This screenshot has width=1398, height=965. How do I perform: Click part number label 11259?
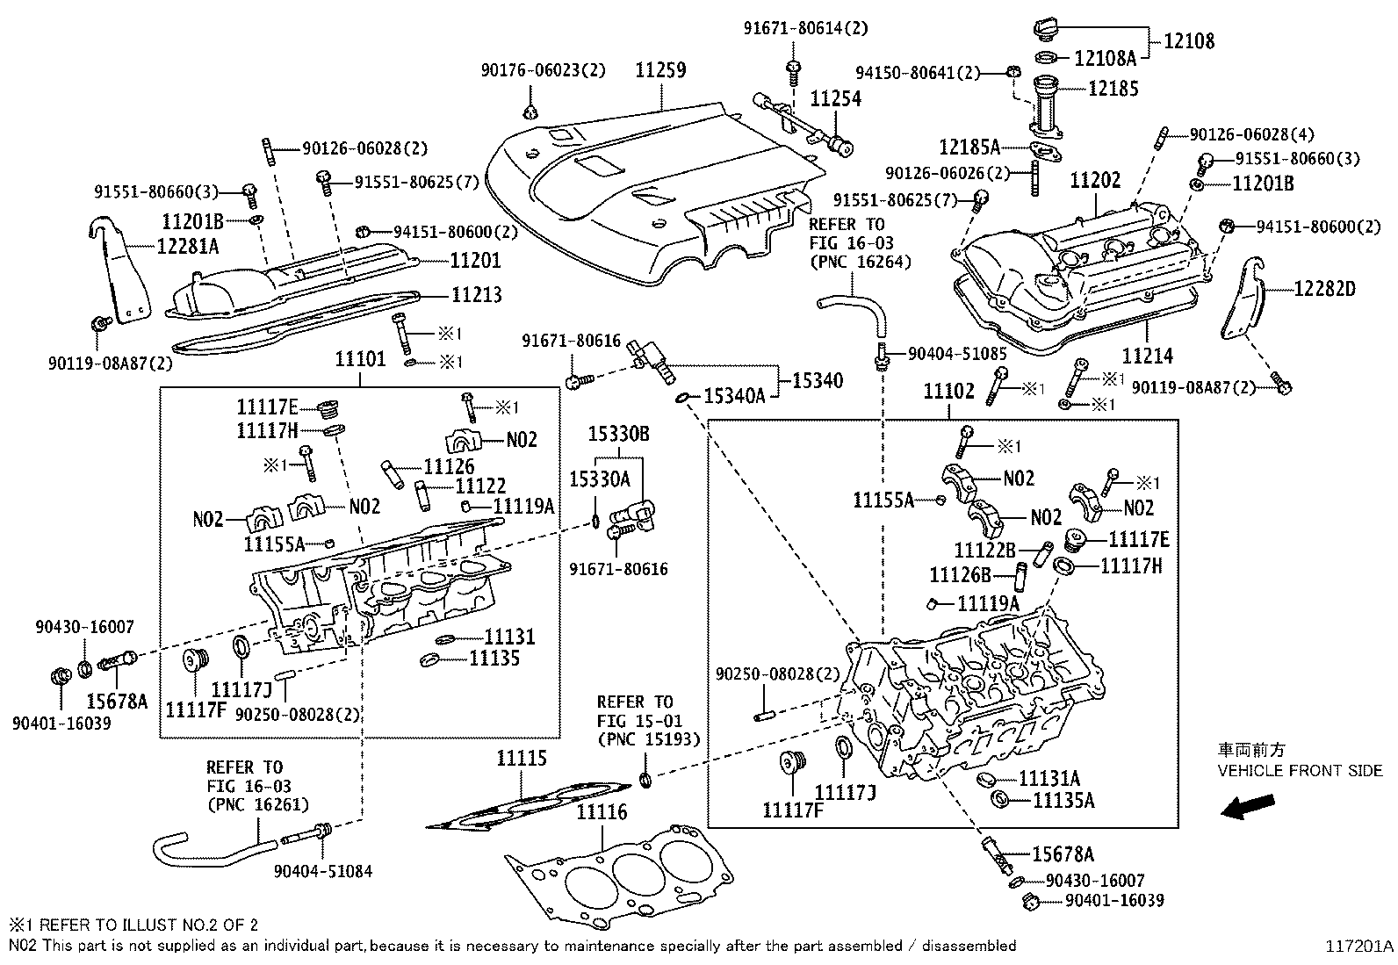click(x=660, y=70)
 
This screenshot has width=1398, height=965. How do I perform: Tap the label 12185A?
click(x=969, y=147)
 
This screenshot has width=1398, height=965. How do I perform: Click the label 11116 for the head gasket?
click(x=602, y=812)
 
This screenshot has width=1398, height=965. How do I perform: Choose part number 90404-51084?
click(x=322, y=871)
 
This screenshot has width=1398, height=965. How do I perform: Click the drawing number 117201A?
click(x=1359, y=947)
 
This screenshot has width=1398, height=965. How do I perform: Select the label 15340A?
click(x=736, y=396)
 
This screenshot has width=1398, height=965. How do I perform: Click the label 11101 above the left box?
click(x=360, y=359)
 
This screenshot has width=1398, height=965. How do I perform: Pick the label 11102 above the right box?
click(x=949, y=392)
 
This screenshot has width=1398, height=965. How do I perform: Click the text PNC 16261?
click(x=257, y=803)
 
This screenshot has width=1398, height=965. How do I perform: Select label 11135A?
click(x=1063, y=800)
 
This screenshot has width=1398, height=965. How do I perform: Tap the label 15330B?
click(x=618, y=434)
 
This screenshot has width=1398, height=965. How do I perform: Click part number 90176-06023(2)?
click(x=543, y=70)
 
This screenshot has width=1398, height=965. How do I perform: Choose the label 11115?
click(x=521, y=758)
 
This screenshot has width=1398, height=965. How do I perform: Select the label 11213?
click(x=477, y=294)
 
